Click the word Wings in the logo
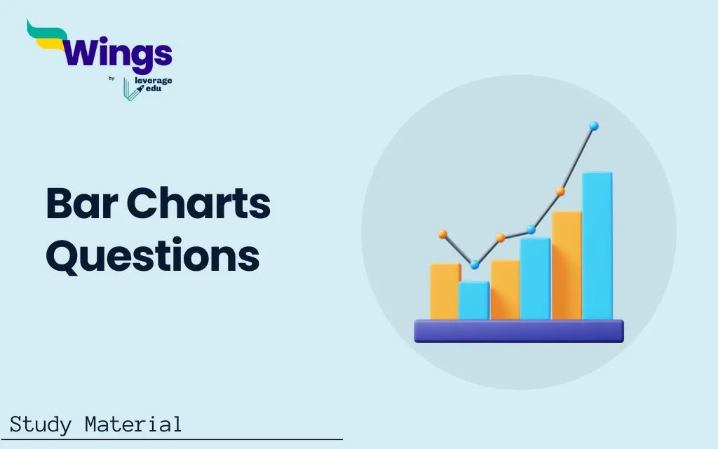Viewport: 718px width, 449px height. pos(117,54)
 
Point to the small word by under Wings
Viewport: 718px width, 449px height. pos(111,79)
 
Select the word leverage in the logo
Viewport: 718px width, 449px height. pos(154,81)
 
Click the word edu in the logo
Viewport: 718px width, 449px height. pos(154,88)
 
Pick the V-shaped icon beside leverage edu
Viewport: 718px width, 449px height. pos(130,89)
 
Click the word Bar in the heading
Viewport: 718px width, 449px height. pos(82,203)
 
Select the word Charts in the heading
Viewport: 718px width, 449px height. pos(198,203)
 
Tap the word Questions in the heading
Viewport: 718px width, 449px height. pos(153,255)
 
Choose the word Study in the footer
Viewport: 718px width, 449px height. pos(41,424)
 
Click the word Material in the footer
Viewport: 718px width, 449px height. pos(133,424)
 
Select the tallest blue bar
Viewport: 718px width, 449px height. pos(597,246)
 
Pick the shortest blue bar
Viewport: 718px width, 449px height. pos(474,300)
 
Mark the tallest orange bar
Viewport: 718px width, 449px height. pos(567,265)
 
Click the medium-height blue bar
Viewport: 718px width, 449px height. pos(535,279)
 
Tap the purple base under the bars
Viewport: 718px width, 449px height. pos(519,331)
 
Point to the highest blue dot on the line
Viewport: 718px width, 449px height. pos(594,126)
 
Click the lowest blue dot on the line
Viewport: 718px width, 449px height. pos(475,264)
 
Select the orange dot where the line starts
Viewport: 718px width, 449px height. pos(442,234)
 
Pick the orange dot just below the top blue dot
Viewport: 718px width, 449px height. pos(560,192)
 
